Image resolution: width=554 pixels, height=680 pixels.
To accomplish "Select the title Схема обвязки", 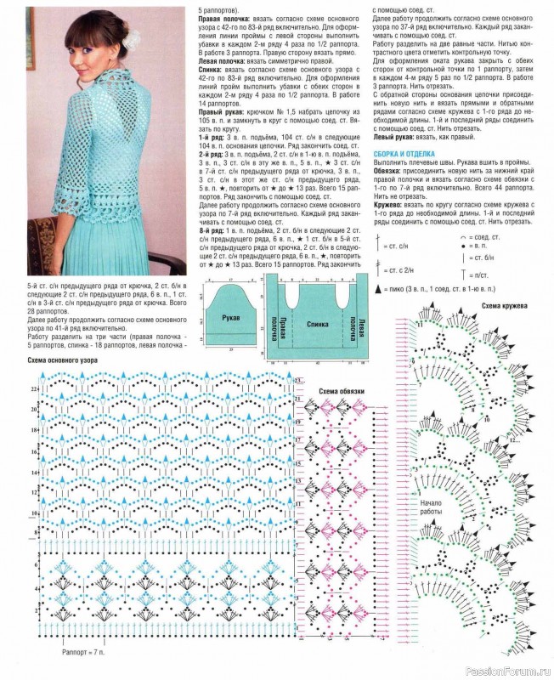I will [342, 391].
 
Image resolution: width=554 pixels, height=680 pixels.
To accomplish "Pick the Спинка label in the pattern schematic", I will [317, 324].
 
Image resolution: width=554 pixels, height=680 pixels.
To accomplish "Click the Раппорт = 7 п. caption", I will [83, 656].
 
